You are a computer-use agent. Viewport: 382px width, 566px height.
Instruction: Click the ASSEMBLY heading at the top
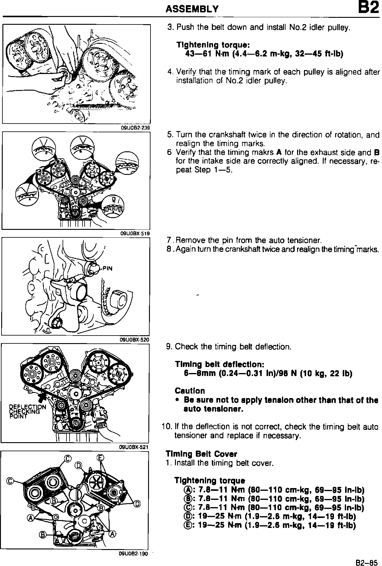(192, 9)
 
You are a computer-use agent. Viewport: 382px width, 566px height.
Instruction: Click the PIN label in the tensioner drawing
(107, 268)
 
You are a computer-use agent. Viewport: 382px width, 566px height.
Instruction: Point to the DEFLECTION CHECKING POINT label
(27, 411)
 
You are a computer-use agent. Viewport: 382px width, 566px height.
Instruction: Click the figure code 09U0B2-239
(135, 128)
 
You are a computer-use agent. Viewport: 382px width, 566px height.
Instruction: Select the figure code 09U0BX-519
(135, 233)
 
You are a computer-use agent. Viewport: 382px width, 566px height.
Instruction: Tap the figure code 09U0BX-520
(135, 339)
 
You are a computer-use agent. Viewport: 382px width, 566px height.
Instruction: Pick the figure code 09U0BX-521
(135, 447)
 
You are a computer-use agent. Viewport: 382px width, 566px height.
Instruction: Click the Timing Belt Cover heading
(201, 454)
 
